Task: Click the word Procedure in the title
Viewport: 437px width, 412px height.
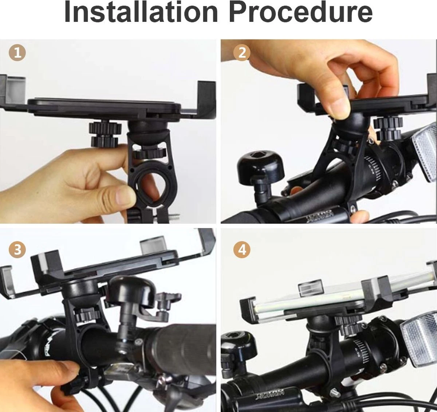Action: pyautogui.click(x=302, y=13)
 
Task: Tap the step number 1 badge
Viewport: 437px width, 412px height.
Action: pyautogui.click(x=17, y=53)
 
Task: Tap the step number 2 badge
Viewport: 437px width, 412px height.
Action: pyautogui.click(x=242, y=53)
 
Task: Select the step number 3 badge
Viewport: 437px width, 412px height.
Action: pyautogui.click(x=17, y=250)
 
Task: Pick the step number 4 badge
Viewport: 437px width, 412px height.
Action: pyautogui.click(x=242, y=250)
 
